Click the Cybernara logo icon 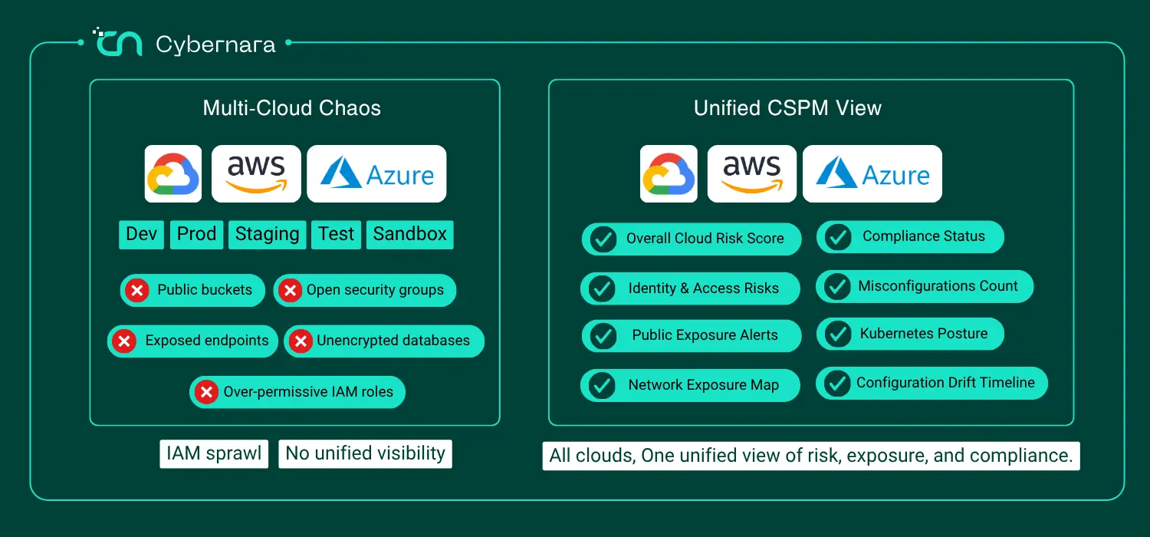[x=117, y=43]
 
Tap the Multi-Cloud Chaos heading [x=291, y=108]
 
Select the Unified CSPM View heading [x=787, y=108]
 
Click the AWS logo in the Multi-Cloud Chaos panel [x=256, y=173]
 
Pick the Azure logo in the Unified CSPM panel [x=872, y=173]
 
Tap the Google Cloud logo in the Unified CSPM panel [x=669, y=173]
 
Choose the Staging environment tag [x=267, y=235]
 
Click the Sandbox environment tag [x=409, y=235]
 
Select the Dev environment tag [x=141, y=235]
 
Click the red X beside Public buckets [x=137, y=290]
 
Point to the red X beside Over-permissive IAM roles [x=206, y=392]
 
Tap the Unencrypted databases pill [x=384, y=341]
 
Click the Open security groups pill [x=364, y=290]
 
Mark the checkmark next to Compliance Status [x=838, y=237]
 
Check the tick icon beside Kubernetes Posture [x=838, y=334]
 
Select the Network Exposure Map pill [x=690, y=385]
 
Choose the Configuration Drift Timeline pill [x=932, y=384]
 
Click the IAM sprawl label [x=214, y=453]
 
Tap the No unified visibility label [x=365, y=453]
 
